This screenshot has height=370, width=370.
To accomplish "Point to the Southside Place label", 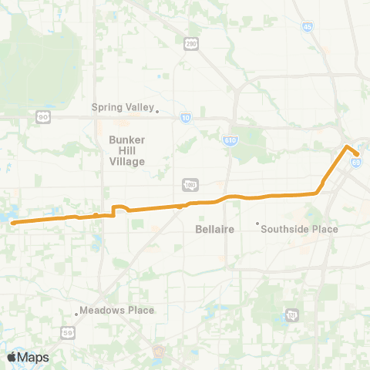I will (x=300, y=229).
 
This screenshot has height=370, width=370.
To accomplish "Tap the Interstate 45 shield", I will (x=308, y=27).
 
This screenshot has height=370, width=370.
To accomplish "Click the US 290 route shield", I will (x=192, y=45).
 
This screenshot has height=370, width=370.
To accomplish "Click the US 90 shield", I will (x=42, y=116).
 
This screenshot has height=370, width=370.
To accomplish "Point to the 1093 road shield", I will (x=190, y=184).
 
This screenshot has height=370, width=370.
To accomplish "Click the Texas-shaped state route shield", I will (x=291, y=314).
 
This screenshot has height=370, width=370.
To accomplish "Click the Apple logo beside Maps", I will (x=12, y=357).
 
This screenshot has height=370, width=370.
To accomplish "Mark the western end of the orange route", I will (x=13, y=222).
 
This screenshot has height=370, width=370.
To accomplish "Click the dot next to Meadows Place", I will (x=76, y=313).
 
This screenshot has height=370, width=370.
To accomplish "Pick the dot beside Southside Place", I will (x=257, y=224).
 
